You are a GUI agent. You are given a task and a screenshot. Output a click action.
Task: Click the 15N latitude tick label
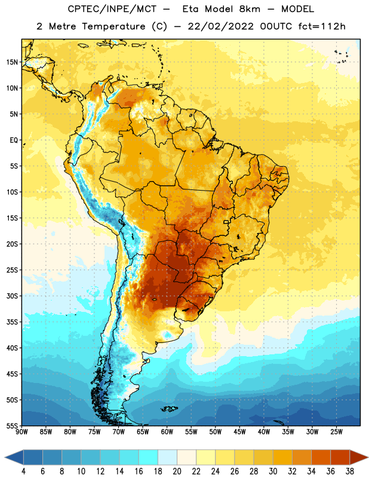tap(12, 62)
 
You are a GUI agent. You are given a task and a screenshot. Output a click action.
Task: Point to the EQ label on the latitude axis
tap(14, 140)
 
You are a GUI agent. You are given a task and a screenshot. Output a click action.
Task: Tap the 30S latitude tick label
tap(12, 296)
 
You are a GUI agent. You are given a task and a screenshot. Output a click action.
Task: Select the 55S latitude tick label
tap(12, 426)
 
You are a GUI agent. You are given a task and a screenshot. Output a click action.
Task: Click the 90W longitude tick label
tap(21, 432)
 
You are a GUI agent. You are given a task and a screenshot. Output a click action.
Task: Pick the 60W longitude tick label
tap(167, 432)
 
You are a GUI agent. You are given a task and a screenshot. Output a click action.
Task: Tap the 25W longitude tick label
tap(336, 432)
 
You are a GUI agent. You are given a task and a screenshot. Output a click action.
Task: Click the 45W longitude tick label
tap(239, 432)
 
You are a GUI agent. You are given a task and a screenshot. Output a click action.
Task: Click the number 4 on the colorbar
tap(23, 471)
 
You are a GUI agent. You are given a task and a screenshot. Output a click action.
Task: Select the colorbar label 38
tap(350, 471)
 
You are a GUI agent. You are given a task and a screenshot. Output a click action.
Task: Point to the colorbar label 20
tap(177, 471)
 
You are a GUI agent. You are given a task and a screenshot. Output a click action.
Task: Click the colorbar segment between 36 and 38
tap(340, 458)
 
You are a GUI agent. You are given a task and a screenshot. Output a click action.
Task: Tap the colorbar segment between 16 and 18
tap(149, 458)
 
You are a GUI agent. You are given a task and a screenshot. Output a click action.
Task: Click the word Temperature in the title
tap(113, 26)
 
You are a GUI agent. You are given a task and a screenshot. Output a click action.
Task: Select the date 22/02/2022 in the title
tap(220, 26)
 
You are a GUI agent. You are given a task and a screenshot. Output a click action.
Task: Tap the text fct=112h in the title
tap(322, 26)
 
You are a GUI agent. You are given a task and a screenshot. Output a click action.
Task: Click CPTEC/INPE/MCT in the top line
tap(112, 9)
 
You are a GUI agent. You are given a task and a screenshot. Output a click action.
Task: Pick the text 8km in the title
tap(250, 9)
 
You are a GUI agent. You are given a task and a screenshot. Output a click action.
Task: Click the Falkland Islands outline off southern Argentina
tap(170, 409)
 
